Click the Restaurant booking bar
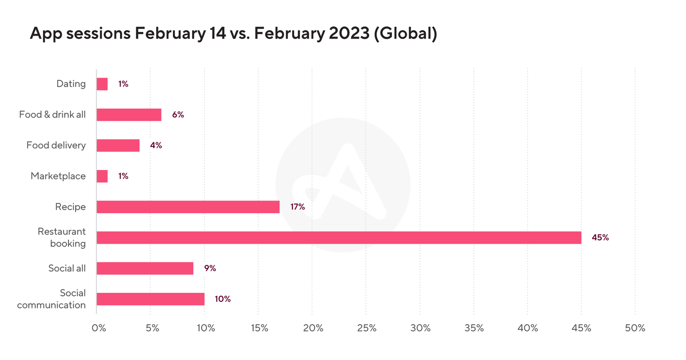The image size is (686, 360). pyautogui.click(x=339, y=238)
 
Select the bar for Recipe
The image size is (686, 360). pyautogui.click(x=188, y=207)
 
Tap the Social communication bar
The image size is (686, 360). pyautogui.click(x=151, y=299)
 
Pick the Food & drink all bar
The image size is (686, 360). pyautogui.click(x=129, y=115)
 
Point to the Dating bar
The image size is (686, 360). pyautogui.click(x=102, y=84)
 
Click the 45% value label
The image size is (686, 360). pyautogui.click(x=600, y=237)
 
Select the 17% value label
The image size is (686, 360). pyautogui.click(x=297, y=207)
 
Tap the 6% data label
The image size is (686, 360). pyautogui.click(x=178, y=115)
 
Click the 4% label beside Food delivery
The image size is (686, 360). pyautogui.click(x=156, y=145)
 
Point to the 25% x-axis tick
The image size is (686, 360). pyautogui.click(x=367, y=328)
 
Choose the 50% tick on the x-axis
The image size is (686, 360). pyautogui.click(x=636, y=328)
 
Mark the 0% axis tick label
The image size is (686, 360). pyautogui.click(x=99, y=328)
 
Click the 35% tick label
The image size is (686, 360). pyautogui.click(x=474, y=328)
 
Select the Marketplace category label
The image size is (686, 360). pyautogui.click(x=58, y=176)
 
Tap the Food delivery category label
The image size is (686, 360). pyautogui.click(x=56, y=145)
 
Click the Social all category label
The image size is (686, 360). pyautogui.click(x=67, y=268)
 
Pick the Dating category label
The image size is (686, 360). pyautogui.click(x=71, y=84)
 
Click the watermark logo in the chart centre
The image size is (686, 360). pyautogui.click(x=343, y=186)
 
